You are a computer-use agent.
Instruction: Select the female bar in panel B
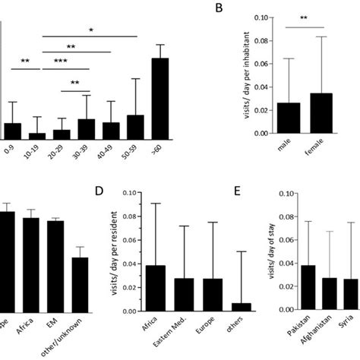coord(322,114)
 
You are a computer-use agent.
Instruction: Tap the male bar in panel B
coord(289,118)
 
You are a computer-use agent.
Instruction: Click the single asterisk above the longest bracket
coord(91,30)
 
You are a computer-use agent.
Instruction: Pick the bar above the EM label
coord(55,262)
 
